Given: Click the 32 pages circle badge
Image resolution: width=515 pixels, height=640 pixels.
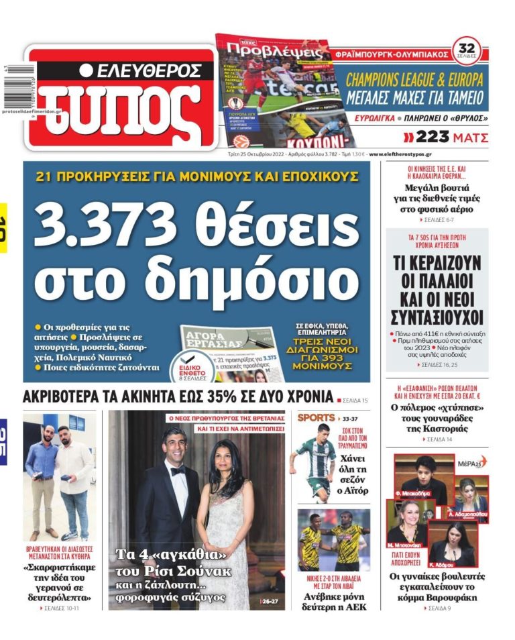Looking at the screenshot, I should click(x=467, y=49).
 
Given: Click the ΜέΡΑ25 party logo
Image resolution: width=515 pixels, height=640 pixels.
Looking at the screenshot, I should click(x=472, y=464).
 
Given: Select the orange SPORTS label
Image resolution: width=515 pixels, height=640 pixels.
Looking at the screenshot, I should click(x=316, y=417).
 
